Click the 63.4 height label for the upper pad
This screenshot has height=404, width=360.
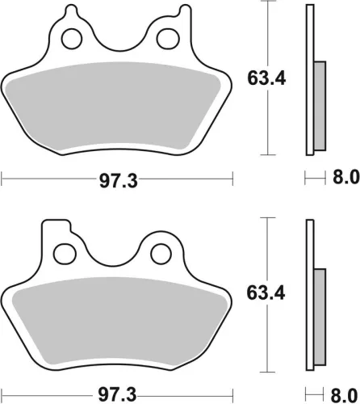(266, 79)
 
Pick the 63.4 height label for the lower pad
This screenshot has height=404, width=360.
(266, 288)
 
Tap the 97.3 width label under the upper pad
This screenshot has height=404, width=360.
(118, 179)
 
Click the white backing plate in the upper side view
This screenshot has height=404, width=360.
(309, 81)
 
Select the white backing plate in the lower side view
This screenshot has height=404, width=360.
(309, 291)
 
